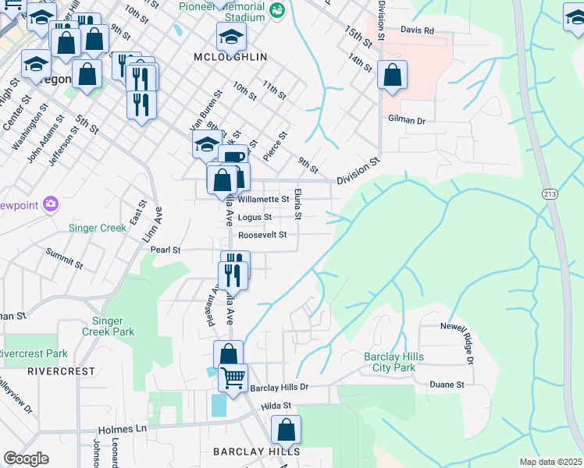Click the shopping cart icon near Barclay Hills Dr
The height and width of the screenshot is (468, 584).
point(233,378)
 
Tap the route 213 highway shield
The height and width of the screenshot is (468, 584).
point(550,193)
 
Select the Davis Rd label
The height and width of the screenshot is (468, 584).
point(417,31)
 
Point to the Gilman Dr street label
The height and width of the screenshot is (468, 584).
point(406,120)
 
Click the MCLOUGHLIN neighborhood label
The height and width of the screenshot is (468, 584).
point(230,58)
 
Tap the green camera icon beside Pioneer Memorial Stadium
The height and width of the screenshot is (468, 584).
point(276,10)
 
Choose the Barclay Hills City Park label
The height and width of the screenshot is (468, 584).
point(393,362)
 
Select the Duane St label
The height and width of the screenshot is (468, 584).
point(447,385)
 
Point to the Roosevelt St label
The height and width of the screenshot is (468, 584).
point(263,234)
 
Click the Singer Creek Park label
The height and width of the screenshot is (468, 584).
point(113,326)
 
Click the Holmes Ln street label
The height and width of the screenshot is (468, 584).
point(123,430)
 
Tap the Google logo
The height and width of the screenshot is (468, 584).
point(26,459)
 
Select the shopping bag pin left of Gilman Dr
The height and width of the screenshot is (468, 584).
point(392,76)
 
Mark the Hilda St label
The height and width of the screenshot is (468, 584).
point(276,406)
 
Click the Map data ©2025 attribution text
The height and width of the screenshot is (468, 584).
point(550,462)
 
